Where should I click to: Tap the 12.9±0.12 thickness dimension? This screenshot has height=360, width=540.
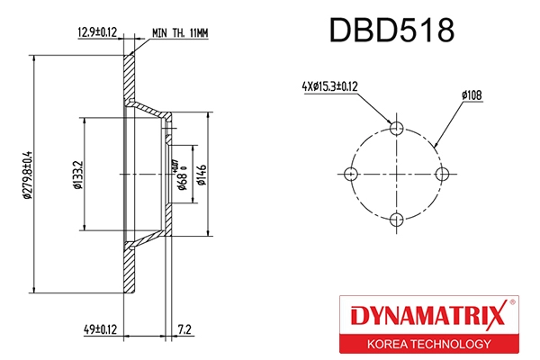click(96, 32)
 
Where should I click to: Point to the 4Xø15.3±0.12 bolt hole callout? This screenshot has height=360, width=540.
click(331, 86)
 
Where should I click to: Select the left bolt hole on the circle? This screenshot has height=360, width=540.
click(352, 173)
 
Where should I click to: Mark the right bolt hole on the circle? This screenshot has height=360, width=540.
click(441, 173)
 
